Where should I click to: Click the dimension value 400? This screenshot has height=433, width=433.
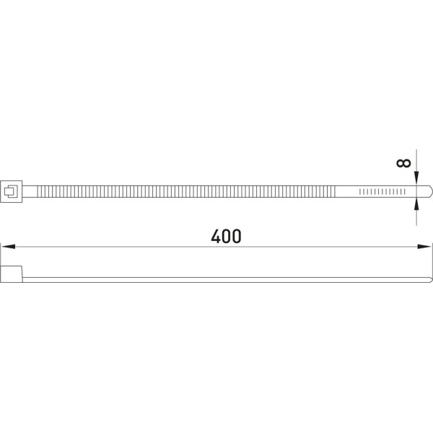click(226, 237)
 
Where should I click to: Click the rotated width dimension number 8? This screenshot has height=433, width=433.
click(403, 163)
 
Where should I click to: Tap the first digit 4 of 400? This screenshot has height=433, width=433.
click(216, 237)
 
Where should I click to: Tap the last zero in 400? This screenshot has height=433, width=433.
click(237, 237)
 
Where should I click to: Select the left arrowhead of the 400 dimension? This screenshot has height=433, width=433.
click(8, 247)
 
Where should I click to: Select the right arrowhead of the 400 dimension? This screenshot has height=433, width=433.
click(424, 247)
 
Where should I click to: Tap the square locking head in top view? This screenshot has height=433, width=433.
click(12, 192)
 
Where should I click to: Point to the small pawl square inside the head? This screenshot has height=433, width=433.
click(11, 192)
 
